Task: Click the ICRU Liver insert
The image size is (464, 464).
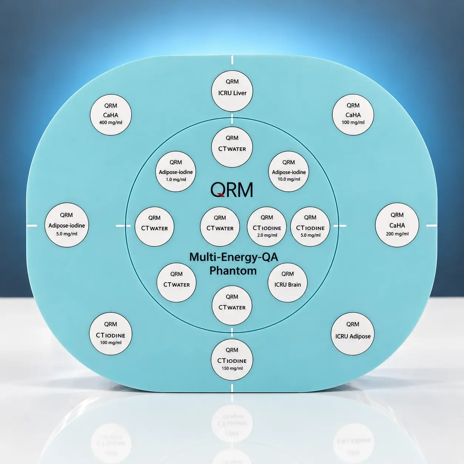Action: pyautogui.click(x=232, y=91)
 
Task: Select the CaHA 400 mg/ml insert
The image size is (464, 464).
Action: pyautogui.click(x=111, y=115)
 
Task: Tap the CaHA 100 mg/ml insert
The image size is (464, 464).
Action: pyautogui.click(x=353, y=115)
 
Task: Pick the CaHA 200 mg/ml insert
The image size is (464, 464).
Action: pyautogui.click(x=397, y=225)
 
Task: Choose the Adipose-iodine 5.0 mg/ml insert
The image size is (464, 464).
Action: pyautogui.click(x=67, y=225)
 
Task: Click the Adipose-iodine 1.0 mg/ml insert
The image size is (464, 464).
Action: pyautogui.click(x=176, y=171)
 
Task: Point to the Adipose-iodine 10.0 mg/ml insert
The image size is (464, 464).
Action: pyautogui.click(x=289, y=171)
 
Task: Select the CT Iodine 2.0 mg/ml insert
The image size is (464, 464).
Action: pyautogui.click(x=267, y=226)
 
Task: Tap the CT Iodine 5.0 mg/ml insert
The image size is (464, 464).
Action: pyautogui.click(x=310, y=226)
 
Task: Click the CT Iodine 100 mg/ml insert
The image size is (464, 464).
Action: pyautogui.click(x=111, y=334)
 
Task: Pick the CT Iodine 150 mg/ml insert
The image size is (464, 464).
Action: pyautogui.click(x=232, y=360)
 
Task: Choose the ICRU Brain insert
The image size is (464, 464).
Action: pyautogui.click(x=288, y=282)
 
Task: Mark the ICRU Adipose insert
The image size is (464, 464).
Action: pyautogui.click(x=353, y=334)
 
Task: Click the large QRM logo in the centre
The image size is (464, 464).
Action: pyautogui.click(x=232, y=189)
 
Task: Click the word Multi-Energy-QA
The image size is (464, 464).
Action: pyautogui.click(x=233, y=257)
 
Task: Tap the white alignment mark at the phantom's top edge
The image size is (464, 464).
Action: pyautogui.click(x=232, y=60)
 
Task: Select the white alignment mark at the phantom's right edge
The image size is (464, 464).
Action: pyautogui.click(x=432, y=225)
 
